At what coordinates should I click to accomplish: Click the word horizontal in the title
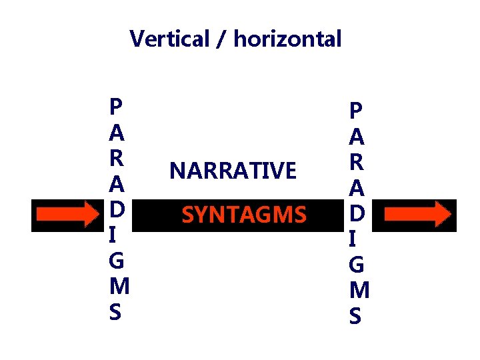287,39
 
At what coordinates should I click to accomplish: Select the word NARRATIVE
233,171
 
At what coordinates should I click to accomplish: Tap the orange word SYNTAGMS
244,215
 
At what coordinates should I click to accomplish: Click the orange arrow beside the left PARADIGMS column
67,215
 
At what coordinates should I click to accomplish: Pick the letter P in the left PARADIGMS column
116,107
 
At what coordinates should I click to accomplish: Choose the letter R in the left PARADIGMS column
116,159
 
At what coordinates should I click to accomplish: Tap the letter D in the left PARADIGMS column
116,210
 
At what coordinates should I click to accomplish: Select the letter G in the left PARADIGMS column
116,261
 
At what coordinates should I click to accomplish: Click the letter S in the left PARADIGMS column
116,312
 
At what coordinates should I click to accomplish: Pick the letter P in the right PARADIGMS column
356,111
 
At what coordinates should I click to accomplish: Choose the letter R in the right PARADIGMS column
356,163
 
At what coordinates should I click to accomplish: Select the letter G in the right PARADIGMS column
356,265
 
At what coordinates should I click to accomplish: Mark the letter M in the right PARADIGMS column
357,291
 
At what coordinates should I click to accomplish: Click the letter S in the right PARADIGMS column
356,317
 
